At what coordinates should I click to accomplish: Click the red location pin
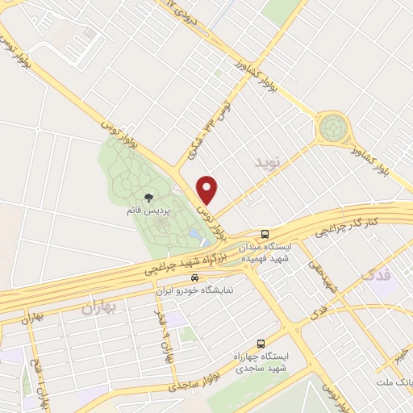[208, 189]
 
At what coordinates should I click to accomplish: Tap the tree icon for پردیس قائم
[148, 197]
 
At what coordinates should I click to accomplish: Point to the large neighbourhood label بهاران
[98, 307]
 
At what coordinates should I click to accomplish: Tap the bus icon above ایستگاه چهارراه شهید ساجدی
[260, 343]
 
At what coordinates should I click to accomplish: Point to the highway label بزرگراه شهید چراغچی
[182, 265]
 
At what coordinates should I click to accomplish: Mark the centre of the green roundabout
[332, 127]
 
